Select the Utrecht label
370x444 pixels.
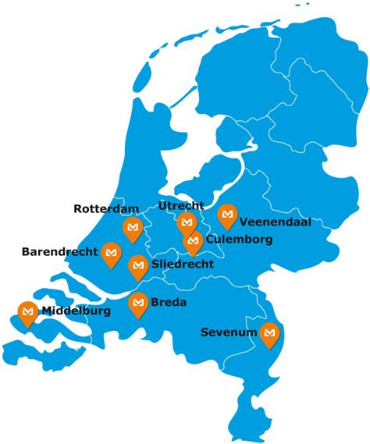click(181, 206)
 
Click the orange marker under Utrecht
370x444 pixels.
click(186, 224)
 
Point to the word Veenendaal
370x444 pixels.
click(276, 222)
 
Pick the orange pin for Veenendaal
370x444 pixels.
click(227, 215)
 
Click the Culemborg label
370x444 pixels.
click(239, 240)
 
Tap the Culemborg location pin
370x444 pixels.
click(193, 242)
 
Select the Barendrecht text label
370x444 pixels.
click(59, 252)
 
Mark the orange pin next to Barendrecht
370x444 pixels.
click(111, 253)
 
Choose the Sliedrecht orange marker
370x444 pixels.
click(137, 266)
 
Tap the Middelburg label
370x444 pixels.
click(76, 311)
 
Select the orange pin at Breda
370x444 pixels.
click(139, 303)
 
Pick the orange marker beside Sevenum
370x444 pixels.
click(270, 333)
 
